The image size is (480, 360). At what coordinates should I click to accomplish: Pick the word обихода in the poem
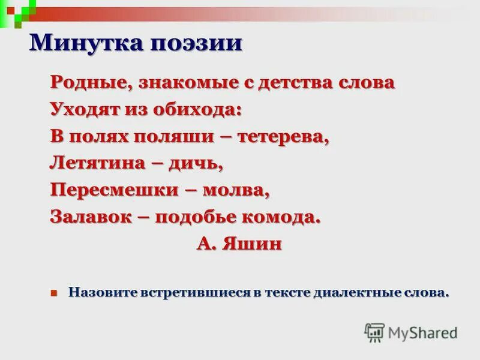(197, 110)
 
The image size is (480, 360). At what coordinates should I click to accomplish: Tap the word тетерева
(284, 136)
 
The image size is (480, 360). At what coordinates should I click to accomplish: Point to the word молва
(235, 190)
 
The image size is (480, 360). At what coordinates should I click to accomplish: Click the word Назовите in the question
(103, 293)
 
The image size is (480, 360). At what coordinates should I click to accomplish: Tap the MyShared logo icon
(374, 332)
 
